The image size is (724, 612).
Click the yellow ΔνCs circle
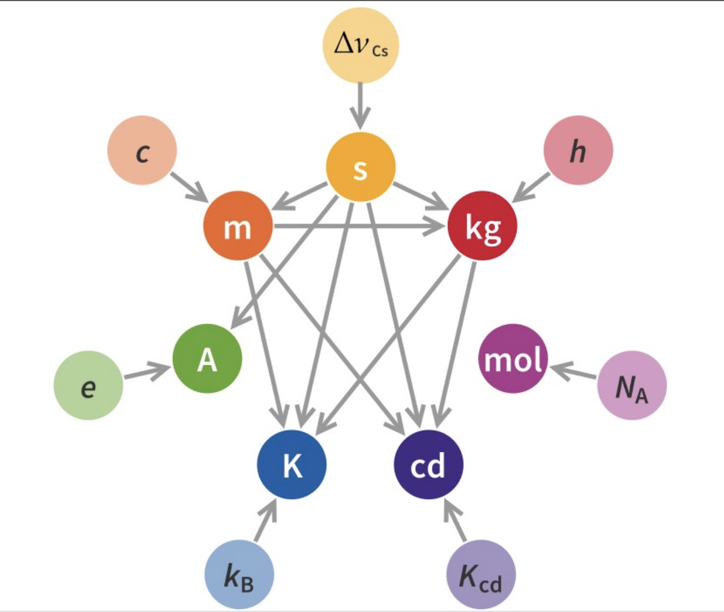(360, 45)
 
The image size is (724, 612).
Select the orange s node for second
(361, 167)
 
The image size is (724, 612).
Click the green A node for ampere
(207, 358)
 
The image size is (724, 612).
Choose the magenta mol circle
(513, 358)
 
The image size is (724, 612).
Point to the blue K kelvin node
(292, 465)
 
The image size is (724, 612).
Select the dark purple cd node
(429, 465)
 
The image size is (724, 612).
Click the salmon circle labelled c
(142, 150)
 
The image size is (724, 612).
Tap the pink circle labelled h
(578, 150)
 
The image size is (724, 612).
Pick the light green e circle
(88, 385)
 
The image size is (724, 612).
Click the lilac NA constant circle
(632, 385)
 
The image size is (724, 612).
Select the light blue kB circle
(239, 574)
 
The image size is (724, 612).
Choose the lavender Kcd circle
(481, 574)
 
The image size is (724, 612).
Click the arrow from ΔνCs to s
(360, 106)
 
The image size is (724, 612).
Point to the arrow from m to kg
(358, 226)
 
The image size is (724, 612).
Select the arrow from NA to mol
(573, 371)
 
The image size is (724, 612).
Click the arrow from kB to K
(266, 520)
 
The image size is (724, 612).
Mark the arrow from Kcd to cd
(455, 520)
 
